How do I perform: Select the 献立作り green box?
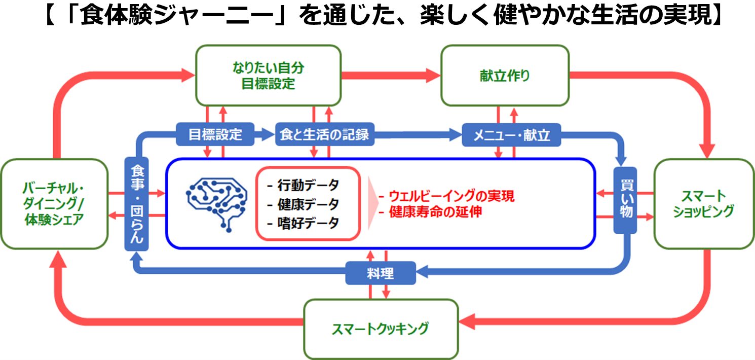tap(505, 76)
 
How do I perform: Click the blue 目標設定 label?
tap(215, 135)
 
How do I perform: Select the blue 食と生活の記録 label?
tap(324, 135)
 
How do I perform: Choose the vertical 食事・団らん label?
tap(136, 204)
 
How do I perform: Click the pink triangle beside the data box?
tap(373, 203)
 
